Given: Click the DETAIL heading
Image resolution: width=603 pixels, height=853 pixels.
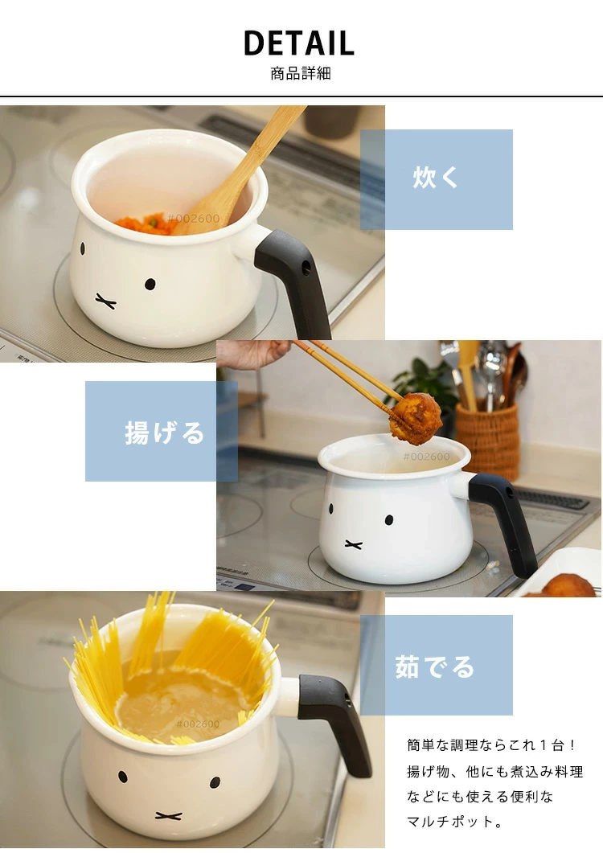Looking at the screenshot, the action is click(x=299, y=43).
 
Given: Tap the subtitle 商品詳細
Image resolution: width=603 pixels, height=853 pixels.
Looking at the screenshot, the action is click(x=301, y=73).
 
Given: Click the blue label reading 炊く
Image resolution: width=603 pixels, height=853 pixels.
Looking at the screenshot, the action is click(x=437, y=179).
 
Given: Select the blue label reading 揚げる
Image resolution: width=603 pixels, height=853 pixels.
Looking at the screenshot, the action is click(x=162, y=432).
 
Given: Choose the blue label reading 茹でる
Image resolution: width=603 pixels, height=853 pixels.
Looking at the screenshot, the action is click(x=437, y=665).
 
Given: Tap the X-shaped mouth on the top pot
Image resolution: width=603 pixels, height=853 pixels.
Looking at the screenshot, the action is click(x=105, y=301).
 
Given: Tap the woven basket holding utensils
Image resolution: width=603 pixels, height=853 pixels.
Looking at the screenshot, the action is click(x=487, y=441).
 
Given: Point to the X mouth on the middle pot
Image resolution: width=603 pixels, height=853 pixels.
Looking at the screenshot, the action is click(x=354, y=544).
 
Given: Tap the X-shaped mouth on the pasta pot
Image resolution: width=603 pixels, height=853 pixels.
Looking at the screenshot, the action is click(x=168, y=815).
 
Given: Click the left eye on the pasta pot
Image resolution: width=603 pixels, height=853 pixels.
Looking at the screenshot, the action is click(x=123, y=777).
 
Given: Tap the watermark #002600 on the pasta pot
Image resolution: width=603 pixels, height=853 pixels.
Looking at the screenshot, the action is click(x=198, y=724).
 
